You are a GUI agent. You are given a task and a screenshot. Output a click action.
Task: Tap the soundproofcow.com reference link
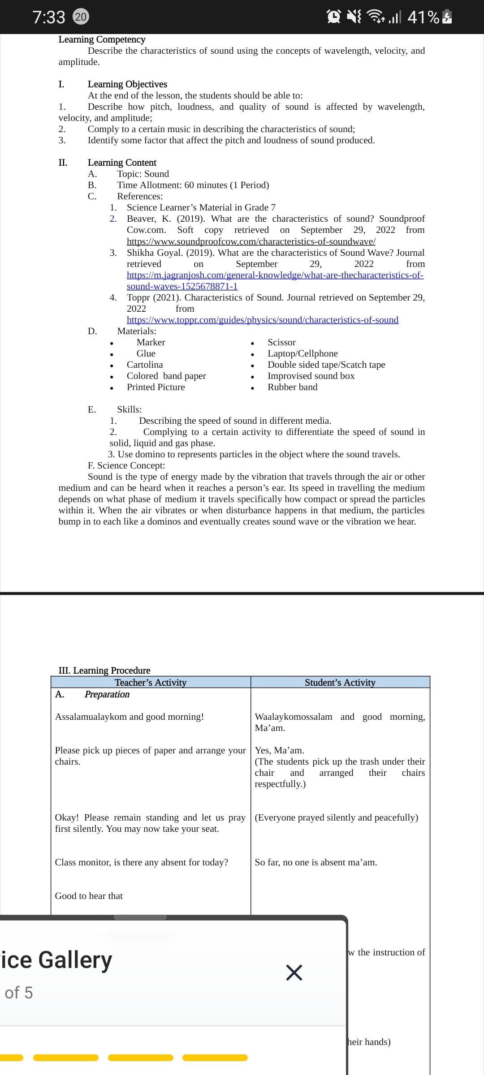pyautogui.click(x=251, y=241)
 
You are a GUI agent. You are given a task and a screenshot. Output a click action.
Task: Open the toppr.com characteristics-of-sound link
pyautogui.click(x=262, y=320)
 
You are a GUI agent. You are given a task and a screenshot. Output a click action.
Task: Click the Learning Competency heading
pyautogui.click(x=102, y=39)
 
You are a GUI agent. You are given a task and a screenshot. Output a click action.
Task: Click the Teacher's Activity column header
pyautogui.click(x=150, y=682)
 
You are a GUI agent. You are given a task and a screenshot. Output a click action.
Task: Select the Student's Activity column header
pyautogui.click(x=340, y=682)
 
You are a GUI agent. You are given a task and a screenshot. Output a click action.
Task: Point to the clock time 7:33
pyautogui.click(x=49, y=17)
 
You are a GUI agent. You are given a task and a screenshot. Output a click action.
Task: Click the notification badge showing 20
pyautogui.click(x=81, y=17)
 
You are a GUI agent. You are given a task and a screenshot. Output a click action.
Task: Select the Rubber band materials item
pyautogui.click(x=292, y=387)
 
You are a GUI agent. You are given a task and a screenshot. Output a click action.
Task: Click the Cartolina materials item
pyautogui.click(x=145, y=365)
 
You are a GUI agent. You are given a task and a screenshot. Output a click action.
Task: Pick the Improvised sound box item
pyautogui.click(x=311, y=376)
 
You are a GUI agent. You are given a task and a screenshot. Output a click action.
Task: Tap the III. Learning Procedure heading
pyautogui.click(x=104, y=670)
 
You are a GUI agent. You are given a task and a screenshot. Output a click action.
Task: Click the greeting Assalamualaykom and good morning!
pyautogui.click(x=129, y=717)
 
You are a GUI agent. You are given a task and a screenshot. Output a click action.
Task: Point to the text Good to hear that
pyautogui.click(x=89, y=896)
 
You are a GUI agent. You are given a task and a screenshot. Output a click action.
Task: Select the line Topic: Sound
pyautogui.click(x=143, y=174)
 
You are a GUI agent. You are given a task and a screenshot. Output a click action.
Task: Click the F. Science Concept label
pyautogui.click(x=126, y=465)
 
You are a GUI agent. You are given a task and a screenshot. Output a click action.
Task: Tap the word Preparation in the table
pyautogui.click(x=107, y=694)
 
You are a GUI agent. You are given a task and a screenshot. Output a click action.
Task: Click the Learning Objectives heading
pyautogui.click(x=127, y=84)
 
